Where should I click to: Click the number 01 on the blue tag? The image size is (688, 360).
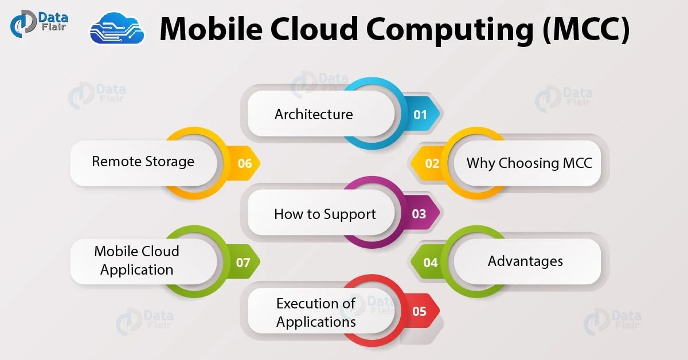pyautogui.click(x=420, y=115)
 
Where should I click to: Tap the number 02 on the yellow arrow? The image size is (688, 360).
pyautogui.click(x=432, y=164)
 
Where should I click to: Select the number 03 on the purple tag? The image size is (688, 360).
pyautogui.click(x=419, y=214)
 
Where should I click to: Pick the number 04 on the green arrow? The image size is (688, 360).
pyautogui.click(x=431, y=263)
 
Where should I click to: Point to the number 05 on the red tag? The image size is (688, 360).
pyautogui.click(x=419, y=312)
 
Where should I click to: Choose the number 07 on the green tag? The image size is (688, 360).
pyautogui.click(x=244, y=263)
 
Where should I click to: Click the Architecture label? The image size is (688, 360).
pyautogui.click(x=314, y=114)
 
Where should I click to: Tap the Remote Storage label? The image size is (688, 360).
pyautogui.click(x=143, y=162)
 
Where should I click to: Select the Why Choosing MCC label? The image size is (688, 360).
pyautogui.click(x=529, y=163)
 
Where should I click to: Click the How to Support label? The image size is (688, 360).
pyautogui.click(x=325, y=214)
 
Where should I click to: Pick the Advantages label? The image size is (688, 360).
pyautogui.click(x=525, y=261)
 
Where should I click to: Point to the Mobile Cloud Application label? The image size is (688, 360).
pyautogui.click(x=136, y=260)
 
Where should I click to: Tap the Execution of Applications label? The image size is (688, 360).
pyautogui.click(x=316, y=312)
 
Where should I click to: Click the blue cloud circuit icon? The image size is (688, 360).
pyautogui.click(x=117, y=29)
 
